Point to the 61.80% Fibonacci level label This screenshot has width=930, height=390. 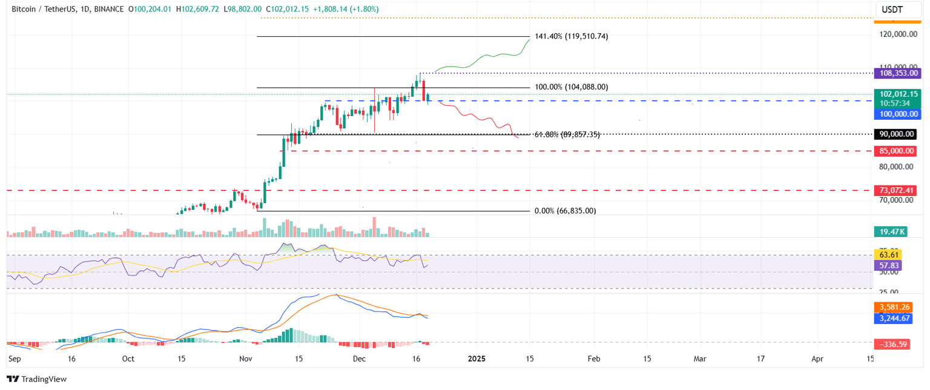click(567, 134)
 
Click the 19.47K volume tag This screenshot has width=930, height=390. click(890, 232)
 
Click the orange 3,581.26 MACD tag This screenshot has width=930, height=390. click(893, 307)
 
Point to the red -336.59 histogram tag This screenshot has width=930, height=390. click(893, 344)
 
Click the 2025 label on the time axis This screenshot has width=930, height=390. click(477, 359)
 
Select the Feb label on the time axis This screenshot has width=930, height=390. click(593, 359)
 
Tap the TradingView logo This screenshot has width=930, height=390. click(37, 379)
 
